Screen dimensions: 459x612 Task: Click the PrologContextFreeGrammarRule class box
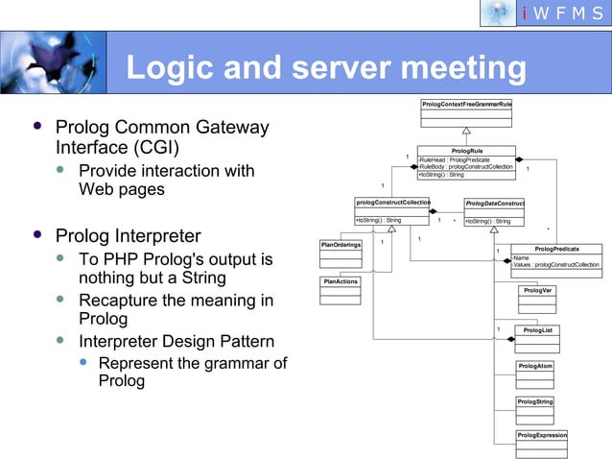(466, 111)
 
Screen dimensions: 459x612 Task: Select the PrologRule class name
(467, 151)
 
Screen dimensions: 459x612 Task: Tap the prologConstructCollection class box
(393, 210)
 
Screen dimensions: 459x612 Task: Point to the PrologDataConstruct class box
(494, 211)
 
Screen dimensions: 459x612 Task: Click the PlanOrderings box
(341, 254)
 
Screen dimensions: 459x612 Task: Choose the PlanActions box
(341, 289)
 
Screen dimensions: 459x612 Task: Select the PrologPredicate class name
(556, 249)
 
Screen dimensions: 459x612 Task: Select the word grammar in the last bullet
(238, 363)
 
